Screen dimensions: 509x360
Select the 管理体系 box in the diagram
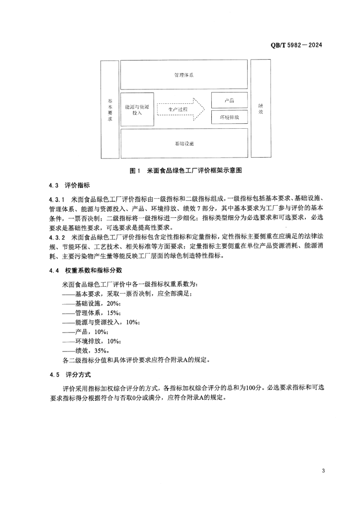tap(184, 75)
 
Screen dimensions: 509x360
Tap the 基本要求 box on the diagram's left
tap(110, 109)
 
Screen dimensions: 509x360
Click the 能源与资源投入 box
tap(137, 109)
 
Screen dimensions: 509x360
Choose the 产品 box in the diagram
tap(229, 100)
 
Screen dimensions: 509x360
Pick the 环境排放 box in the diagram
tap(229, 118)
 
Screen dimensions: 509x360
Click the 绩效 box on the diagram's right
tap(261, 109)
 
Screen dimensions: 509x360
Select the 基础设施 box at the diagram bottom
tap(184, 143)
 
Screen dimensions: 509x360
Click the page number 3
tap(323, 471)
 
